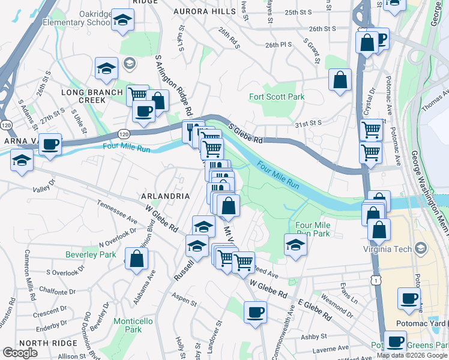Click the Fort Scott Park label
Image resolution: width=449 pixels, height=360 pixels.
pyautogui.click(x=277, y=97)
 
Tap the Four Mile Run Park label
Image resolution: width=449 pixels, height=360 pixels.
pyautogui.click(x=313, y=229)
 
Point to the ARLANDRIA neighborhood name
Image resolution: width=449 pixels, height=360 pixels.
pyautogui.click(x=165, y=196)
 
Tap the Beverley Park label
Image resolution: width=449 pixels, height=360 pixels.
pyautogui.click(x=91, y=254)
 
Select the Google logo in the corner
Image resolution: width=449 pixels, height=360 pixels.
pyautogui.click(x=20, y=353)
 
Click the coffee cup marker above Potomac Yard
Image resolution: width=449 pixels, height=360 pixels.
pyautogui.click(x=409, y=298)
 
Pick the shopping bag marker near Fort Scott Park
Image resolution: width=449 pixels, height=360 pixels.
pyautogui.click(x=340, y=80)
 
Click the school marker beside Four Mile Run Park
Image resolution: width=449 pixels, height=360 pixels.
pyautogui.click(x=295, y=245)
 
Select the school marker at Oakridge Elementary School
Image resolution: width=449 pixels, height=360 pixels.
pyautogui.click(x=123, y=22)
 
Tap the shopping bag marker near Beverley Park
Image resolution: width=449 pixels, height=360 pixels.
pyautogui.click(x=137, y=258)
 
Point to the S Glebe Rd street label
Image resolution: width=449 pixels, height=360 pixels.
pyautogui.click(x=246, y=134)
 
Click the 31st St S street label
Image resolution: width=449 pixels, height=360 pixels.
pyautogui.click(x=309, y=123)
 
